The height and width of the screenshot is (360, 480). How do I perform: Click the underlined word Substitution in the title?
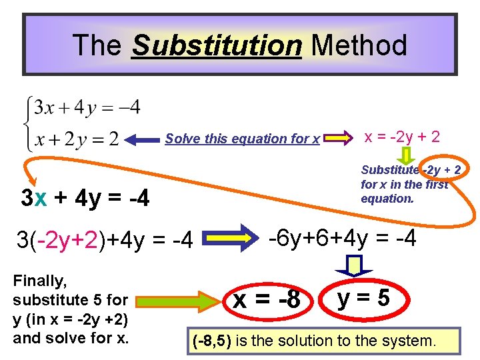click(x=217, y=45)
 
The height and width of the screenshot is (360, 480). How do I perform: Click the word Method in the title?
click(x=359, y=45)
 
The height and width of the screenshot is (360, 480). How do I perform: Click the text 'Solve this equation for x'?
click(x=243, y=139)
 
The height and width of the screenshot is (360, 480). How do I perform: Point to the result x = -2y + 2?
click(x=401, y=137)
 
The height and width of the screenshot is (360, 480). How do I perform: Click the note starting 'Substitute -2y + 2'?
click(x=410, y=183)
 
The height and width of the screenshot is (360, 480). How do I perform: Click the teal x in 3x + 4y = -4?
click(x=41, y=198)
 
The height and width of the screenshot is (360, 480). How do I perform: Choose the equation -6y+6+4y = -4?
click(x=341, y=237)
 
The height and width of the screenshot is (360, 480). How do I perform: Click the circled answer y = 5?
click(x=363, y=299)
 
